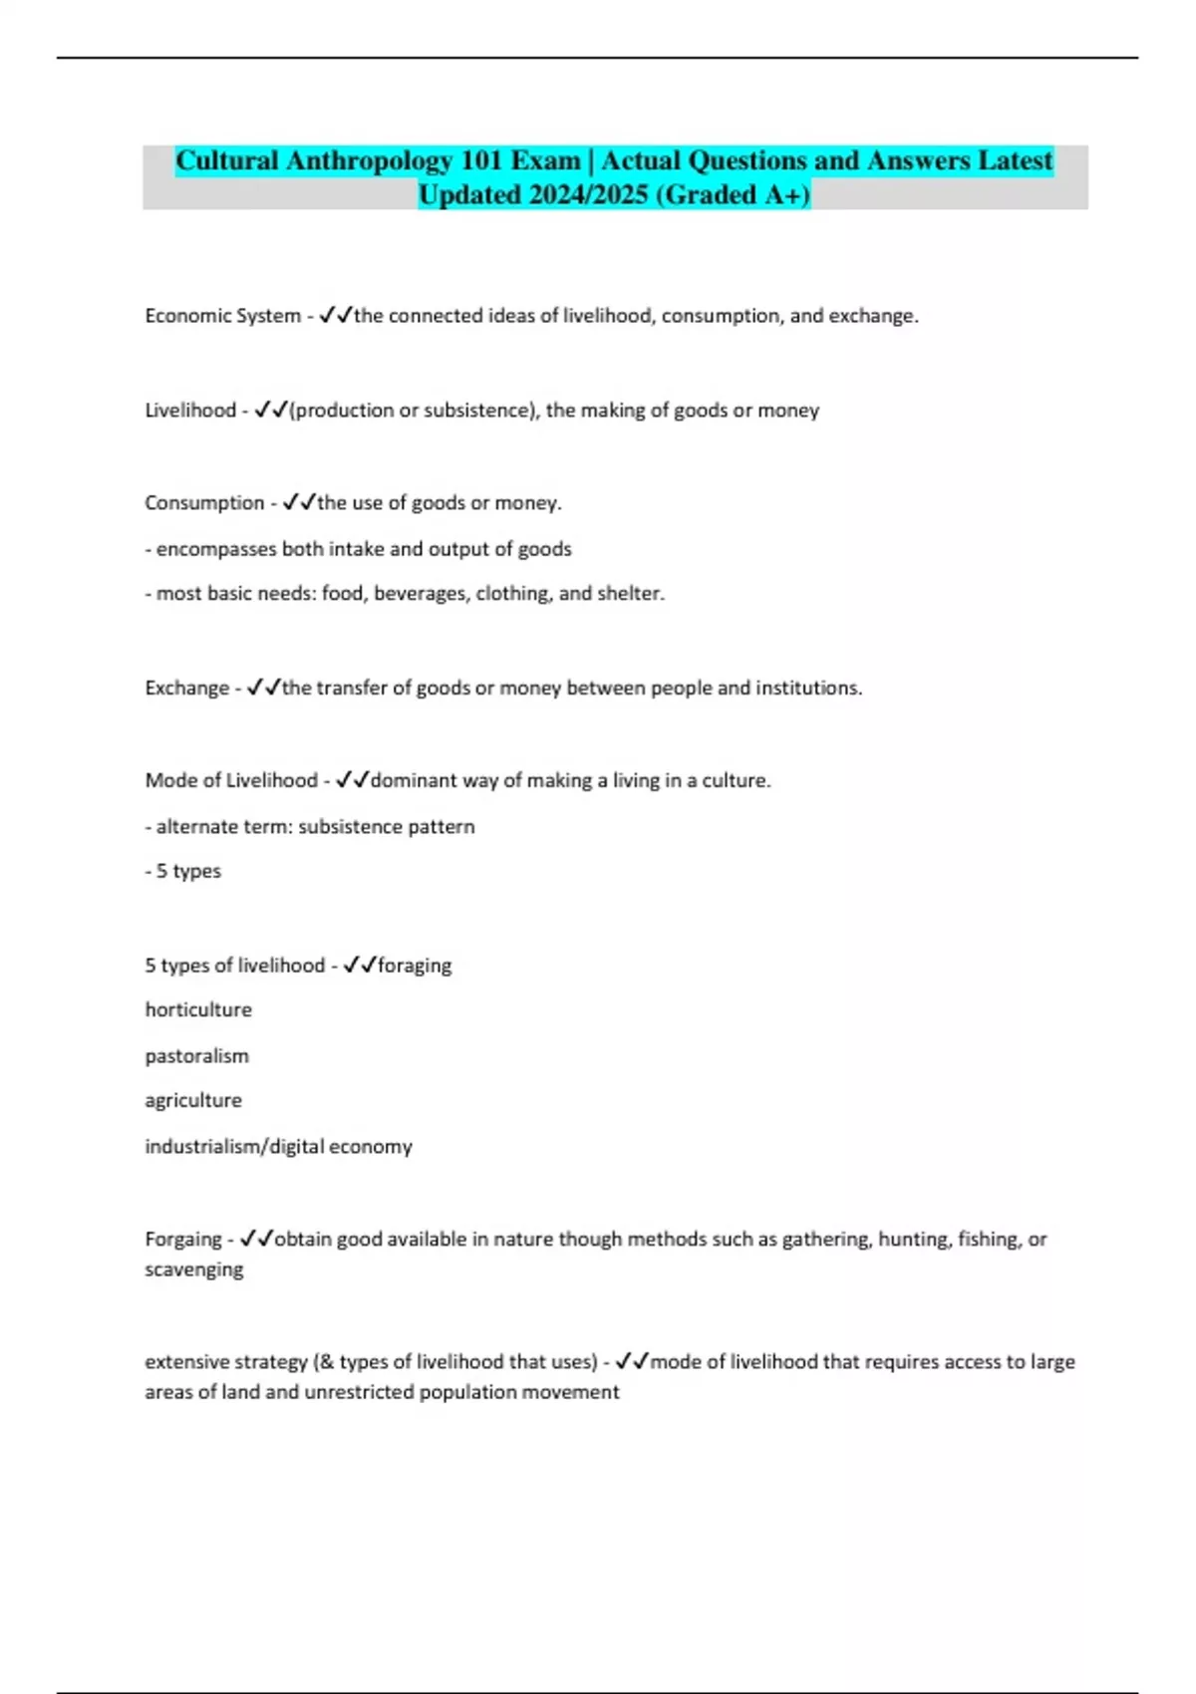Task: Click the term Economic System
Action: pyautogui.click(x=222, y=316)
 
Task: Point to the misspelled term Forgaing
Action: pyautogui.click(x=183, y=1239)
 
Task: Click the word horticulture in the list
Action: pyautogui.click(x=198, y=1009)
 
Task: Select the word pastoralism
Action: pyautogui.click(x=196, y=1055)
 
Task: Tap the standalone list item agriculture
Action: pyautogui.click(x=193, y=1100)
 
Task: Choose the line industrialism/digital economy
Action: pyautogui.click(x=278, y=1146)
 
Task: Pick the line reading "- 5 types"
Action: pyautogui.click(x=183, y=871)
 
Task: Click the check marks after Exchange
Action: pyautogui.click(x=263, y=688)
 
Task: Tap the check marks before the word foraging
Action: pyautogui.click(x=359, y=965)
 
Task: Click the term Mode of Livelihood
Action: pyautogui.click(x=231, y=780)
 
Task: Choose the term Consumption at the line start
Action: pyautogui.click(x=204, y=503)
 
